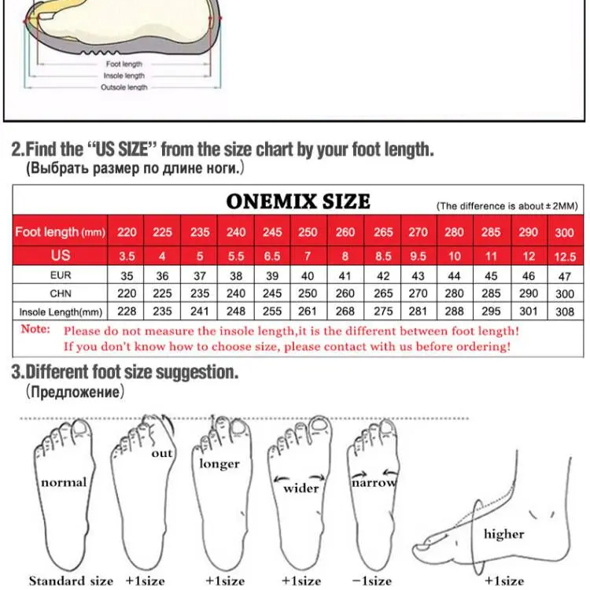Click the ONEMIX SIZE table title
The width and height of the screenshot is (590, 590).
pos(298,201)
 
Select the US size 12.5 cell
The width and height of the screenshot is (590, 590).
pos(565,256)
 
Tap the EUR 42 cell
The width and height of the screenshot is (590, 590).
pos(383,276)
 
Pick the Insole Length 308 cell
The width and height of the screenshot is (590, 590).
pos(565,312)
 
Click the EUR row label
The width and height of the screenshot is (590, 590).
pos(61,275)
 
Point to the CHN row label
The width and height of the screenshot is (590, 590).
pos(61,293)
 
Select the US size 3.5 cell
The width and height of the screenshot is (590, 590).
pos(127,256)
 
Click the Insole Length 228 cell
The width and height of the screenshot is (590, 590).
pos(127,312)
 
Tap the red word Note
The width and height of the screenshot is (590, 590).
pos(35,329)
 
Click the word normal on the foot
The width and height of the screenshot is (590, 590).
pos(64,482)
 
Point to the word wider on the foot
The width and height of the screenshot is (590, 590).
pos(301,489)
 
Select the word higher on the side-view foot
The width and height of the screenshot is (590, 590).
pos(503,534)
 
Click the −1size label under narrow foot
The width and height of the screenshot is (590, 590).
pos(371,581)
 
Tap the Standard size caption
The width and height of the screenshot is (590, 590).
pos(71,581)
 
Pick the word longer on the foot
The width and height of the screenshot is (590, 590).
pos(219,464)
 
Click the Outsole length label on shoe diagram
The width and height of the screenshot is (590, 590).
pos(124,87)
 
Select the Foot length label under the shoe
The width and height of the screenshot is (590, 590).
pos(124,65)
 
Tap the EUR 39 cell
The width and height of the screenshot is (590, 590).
pos(272,276)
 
